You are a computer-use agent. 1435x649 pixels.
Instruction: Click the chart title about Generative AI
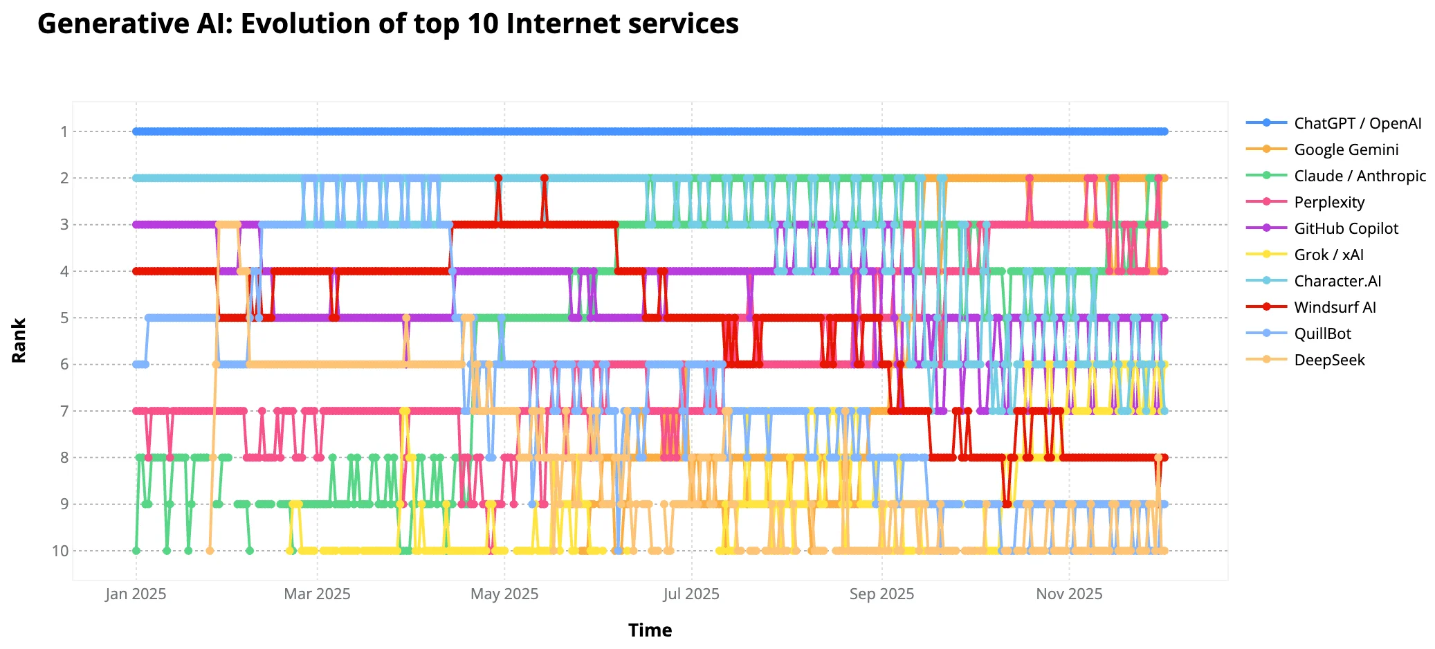[387, 24]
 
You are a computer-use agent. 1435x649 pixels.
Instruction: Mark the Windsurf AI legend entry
[1335, 307]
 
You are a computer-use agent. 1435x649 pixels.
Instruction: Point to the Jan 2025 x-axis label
[136, 594]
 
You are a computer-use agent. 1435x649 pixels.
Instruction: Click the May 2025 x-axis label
[504, 594]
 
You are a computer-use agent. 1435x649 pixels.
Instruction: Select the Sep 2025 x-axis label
[881, 594]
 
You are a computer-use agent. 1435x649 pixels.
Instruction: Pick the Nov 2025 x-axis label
[1069, 594]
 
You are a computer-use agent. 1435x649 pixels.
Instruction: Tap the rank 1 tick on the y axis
[64, 131]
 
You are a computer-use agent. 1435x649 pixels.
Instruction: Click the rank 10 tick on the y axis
[60, 551]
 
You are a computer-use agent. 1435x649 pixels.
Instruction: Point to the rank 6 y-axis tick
[64, 365]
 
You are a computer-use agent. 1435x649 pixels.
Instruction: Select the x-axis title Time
[650, 630]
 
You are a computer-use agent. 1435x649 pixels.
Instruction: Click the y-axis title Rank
[19, 340]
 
